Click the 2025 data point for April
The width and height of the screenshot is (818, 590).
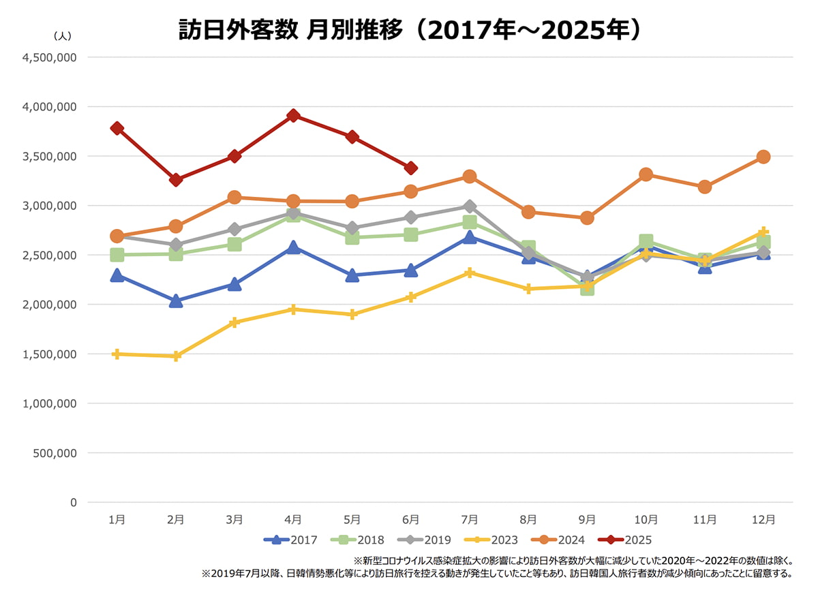click(x=293, y=115)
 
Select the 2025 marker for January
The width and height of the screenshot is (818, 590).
click(x=117, y=128)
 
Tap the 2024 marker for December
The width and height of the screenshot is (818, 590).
click(x=763, y=157)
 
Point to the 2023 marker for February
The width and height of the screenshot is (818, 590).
click(x=176, y=356)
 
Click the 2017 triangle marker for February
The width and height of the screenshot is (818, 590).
click(x=176, y=301)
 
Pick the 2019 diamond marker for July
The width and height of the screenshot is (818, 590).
click(x=470, y=206)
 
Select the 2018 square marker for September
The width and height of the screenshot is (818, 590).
click(x=587, y=288)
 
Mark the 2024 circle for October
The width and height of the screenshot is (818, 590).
click(x=646, y=174)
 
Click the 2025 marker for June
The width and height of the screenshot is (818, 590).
click(x=411, y=168)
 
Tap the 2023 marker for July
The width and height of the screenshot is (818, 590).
click(x=470, y=273)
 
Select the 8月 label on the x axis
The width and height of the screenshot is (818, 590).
click(x=528, y=519)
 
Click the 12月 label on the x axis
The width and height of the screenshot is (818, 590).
click(x=763, y=519)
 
